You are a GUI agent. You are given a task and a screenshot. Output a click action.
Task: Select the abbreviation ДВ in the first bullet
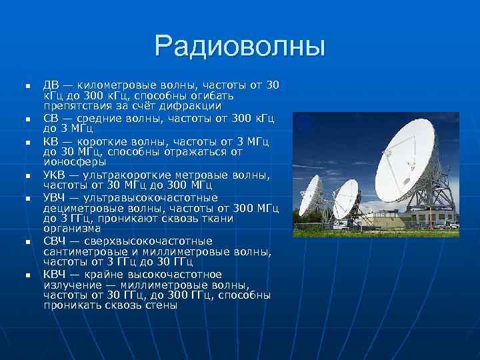[51, 85]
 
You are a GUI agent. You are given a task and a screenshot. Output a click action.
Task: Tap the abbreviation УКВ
[54, 175]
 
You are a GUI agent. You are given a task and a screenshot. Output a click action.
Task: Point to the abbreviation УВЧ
[54, 198]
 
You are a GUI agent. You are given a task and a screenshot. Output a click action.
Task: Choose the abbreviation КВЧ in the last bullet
[54, 275]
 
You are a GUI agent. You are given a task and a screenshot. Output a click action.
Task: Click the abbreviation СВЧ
[54, 241]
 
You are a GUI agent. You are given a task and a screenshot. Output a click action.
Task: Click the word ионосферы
[75, 161]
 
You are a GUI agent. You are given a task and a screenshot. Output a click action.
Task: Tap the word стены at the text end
[161, 305]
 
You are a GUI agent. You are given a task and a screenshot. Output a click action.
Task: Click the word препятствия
[74, 106]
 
